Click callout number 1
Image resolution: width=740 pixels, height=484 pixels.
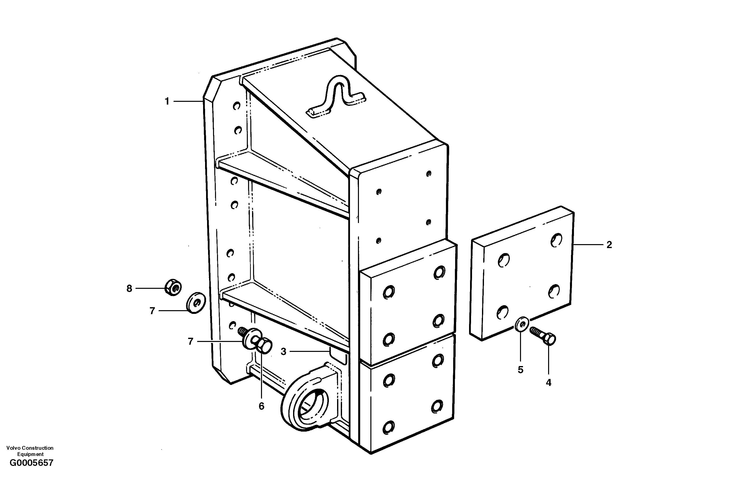167,101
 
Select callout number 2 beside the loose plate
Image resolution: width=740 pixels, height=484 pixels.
609,245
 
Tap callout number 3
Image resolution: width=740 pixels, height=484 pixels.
283,352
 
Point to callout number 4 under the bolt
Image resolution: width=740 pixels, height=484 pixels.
548,383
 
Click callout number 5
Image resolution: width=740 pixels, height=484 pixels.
521,370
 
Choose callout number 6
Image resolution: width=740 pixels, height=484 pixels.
261,406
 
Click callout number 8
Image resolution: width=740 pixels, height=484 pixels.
129,289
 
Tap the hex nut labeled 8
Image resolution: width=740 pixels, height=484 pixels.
173,287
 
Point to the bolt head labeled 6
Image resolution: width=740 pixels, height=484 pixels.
264,346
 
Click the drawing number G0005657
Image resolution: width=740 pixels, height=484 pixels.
31,463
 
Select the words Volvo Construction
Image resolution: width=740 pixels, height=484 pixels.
30,448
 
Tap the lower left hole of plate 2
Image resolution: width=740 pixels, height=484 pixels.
502,312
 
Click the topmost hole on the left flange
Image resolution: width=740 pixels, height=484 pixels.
237,106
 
